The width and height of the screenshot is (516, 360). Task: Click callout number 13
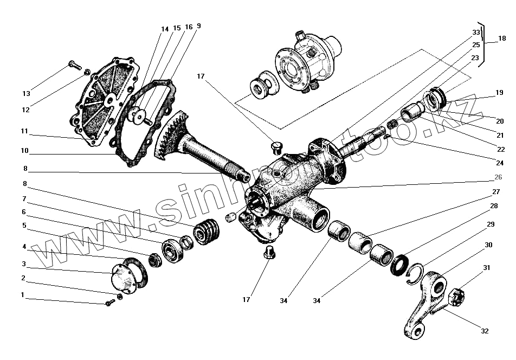tap(26, 93)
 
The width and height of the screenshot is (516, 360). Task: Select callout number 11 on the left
tap(24, 131)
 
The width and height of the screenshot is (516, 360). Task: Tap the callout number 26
tap(498, 176)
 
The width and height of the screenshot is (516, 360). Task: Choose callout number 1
tap(22, 295)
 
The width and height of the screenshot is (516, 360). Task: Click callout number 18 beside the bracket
tap(501, 39)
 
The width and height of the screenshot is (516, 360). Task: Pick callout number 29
tap(490, 224)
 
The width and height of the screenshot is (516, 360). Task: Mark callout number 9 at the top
tap(199, 25)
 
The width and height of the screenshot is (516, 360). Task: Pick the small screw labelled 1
tap(110, 301)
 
